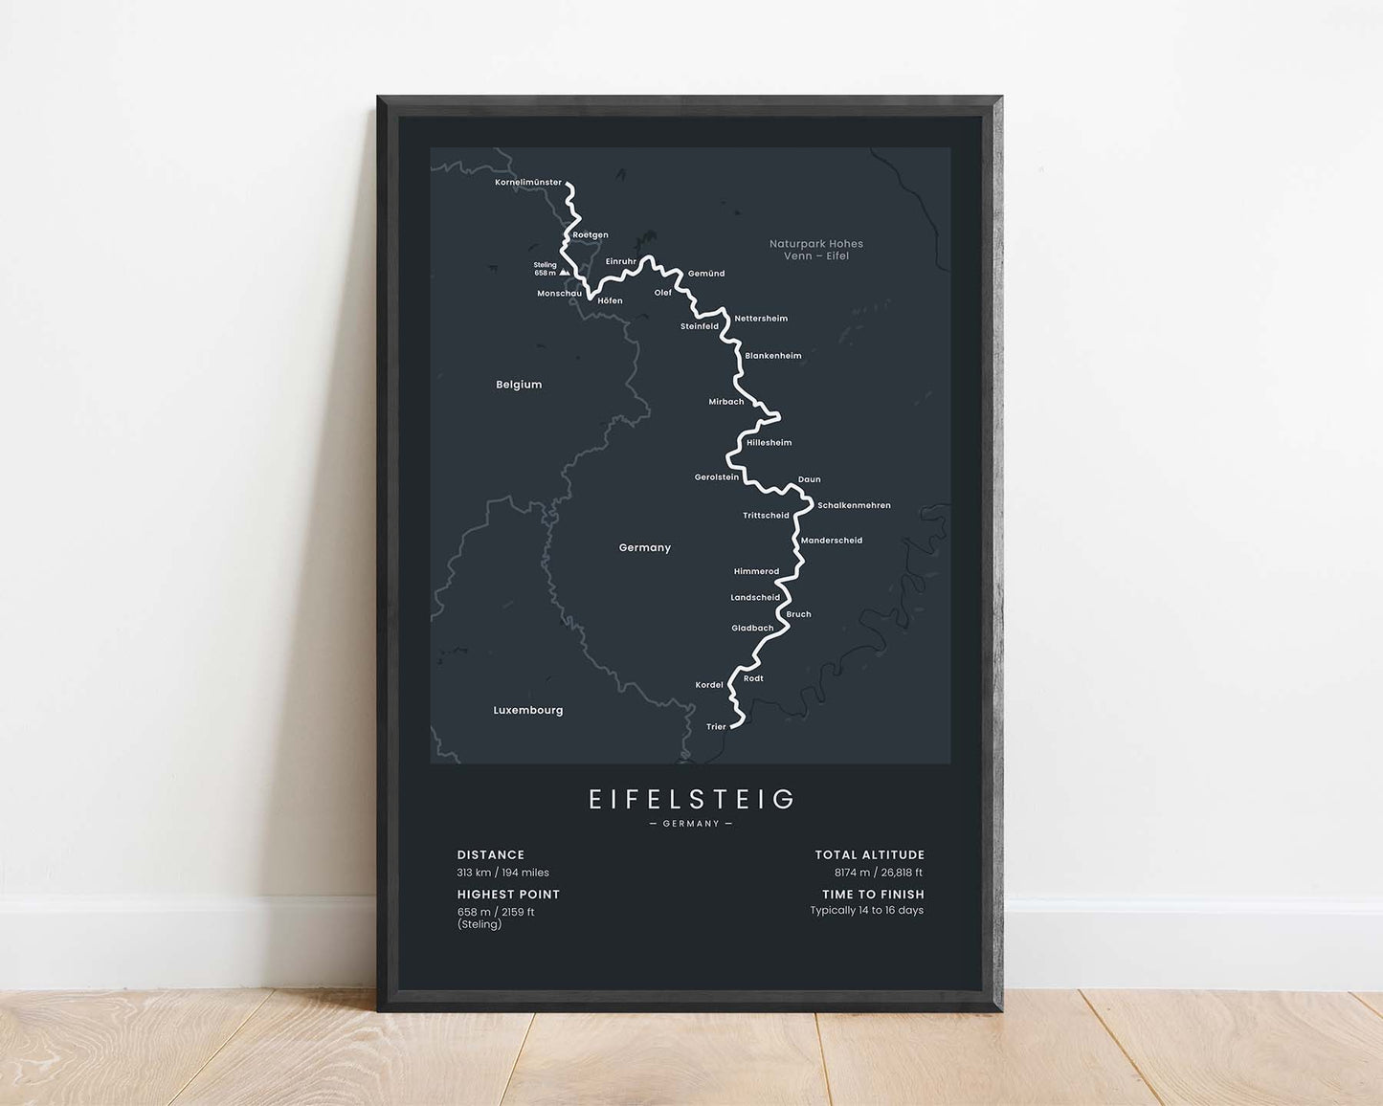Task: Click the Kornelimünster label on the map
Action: (528, 183)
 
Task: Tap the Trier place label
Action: (716, 727)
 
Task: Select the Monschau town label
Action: (559, 294)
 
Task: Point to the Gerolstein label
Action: (717, 477)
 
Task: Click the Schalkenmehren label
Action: (854, 505)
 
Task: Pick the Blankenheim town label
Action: (773, 356)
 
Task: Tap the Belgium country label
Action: (519, 385)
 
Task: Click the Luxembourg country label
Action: (528, 711)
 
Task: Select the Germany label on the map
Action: (645, 548)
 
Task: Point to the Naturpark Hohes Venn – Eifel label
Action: (816, 250)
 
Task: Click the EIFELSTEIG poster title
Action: (691, 799)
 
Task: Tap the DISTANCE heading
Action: (491, 855)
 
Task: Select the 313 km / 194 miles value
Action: (503, 873)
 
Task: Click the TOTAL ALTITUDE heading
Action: (870, 855)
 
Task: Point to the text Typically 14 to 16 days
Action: (867, 911)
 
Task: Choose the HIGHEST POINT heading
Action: (508, 895)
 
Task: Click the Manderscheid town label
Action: (832, 541)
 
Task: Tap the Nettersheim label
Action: (761, 319)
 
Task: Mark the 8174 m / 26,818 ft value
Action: (879, 873)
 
